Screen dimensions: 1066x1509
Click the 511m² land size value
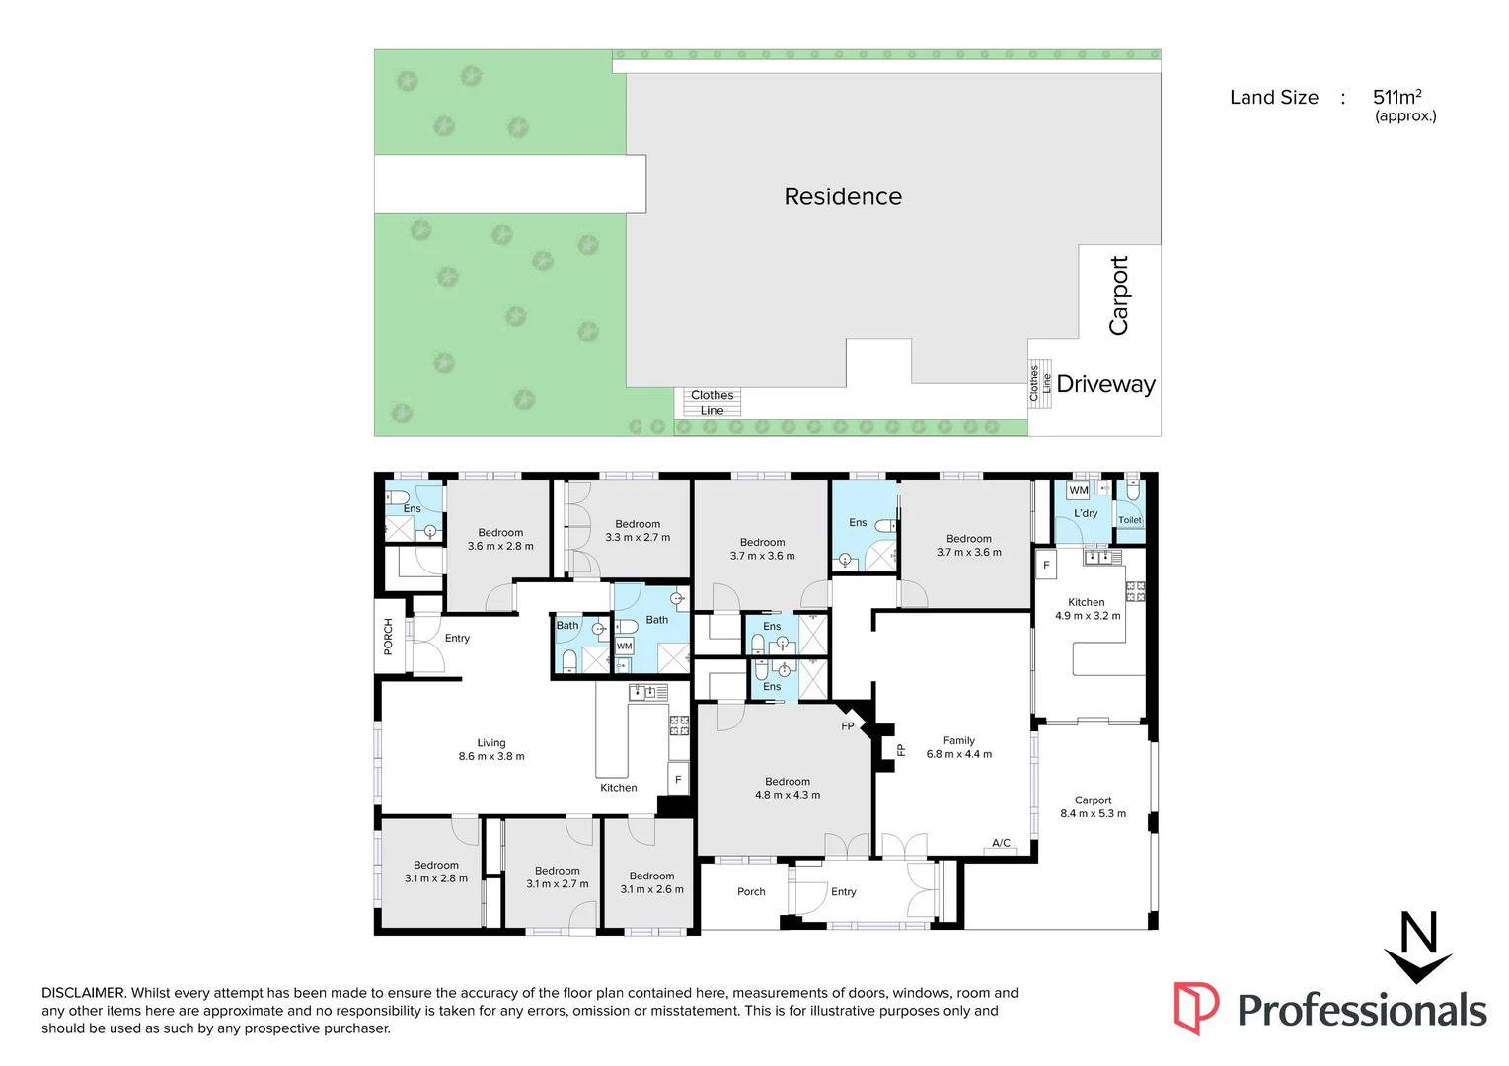1396,97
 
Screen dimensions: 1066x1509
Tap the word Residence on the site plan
843,196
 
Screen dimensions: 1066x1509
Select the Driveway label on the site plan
1105,384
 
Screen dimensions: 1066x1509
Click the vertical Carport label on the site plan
1118,295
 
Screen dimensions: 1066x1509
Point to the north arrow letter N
1418,933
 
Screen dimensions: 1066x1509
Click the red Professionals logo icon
1195,1008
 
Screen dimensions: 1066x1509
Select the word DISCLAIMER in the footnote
83,993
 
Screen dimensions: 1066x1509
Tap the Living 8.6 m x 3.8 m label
491,750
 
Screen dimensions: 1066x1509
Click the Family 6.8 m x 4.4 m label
958,747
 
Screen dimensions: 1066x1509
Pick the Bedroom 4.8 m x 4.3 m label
788,788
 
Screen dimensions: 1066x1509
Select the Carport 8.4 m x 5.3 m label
1093,807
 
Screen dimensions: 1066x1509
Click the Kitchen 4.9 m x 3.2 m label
1087,609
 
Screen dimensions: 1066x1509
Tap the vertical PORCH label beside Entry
388,637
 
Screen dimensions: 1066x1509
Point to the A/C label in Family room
1001,843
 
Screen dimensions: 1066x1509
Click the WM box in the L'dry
1079,490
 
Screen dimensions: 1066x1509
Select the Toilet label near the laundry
1129,520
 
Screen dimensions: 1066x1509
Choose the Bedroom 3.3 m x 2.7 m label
638,531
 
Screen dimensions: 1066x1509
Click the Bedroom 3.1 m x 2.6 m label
651,882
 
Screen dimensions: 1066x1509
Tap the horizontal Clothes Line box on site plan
712,402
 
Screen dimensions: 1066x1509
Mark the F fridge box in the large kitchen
1046,565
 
